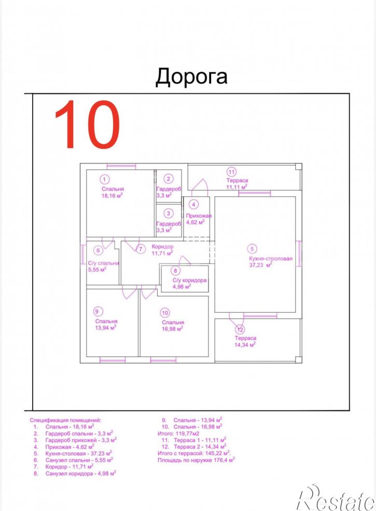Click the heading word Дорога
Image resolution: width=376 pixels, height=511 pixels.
click(x=191, y=77)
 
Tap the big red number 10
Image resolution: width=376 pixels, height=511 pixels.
click(x=87, y=125)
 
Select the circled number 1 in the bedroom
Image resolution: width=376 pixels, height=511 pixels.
click(x=104, y=179)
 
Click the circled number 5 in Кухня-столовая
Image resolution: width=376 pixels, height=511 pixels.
click(x=252, y=249)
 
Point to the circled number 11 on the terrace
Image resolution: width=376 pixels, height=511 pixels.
click(x=231, y=172)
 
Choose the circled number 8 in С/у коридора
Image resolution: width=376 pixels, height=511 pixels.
click(x=175, y=270)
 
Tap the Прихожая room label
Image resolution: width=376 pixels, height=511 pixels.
click(x=199, y=216)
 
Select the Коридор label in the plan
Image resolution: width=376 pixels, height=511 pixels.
click(x=162, y=247)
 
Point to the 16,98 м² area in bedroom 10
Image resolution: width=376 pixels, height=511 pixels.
click(x=172, y=328)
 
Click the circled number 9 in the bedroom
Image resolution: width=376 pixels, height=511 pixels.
click(x=97, y=311)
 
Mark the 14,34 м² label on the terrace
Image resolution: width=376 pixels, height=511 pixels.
click(x=245, y=344)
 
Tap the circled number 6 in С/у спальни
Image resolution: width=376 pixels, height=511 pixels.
click(x=98, y=250)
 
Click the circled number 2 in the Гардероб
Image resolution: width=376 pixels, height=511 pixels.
click(x=169, y=178)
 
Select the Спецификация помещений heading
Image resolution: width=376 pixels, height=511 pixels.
click(x=65, y=420)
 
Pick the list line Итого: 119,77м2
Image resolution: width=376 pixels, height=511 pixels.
click(x=178, y=433)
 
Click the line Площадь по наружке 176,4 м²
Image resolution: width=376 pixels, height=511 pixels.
click(x=196, y=460)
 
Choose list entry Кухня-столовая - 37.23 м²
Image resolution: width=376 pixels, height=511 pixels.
click(x=78, y=453)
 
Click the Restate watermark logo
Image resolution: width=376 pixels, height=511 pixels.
click(x=336, y=497)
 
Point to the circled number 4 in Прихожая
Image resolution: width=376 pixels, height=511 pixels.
click(x=193, y=204)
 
